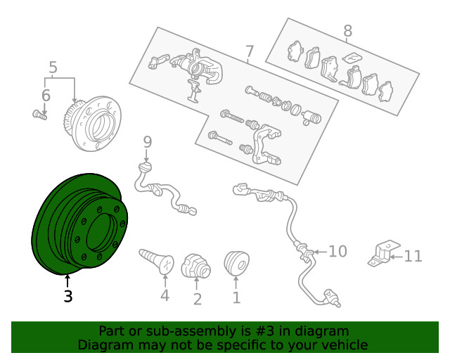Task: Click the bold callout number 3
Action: (x=68, y=296)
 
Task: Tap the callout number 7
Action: (x=250, y=51)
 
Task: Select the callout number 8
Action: (x=347, y=31)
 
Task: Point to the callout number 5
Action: (x=53, y=67)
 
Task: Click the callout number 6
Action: (x=46, y=96)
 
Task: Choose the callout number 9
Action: (x=147, y=142)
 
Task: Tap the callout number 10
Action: (x=337, y=252)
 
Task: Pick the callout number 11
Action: (x=413, y=256)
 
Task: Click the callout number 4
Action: (x=165, y=295)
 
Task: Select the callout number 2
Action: (x=198, y=299)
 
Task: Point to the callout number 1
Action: (x=236, y=297)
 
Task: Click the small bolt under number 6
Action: (x=39, y=115)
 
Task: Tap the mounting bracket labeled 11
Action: (x=384, y=254)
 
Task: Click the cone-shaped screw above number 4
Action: (x=157, y=261)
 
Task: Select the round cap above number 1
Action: (x=236, y=262)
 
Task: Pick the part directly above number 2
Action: (x=196, y=266)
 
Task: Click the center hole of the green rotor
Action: (x=98, y=232)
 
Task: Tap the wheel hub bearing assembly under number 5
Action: (x=92, y=123)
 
